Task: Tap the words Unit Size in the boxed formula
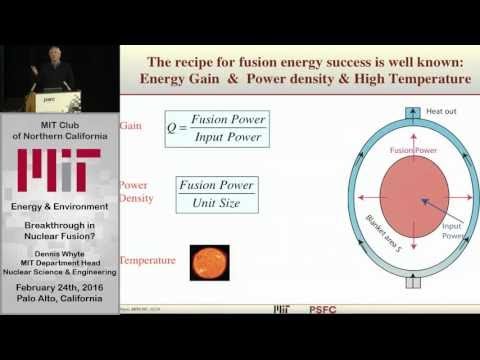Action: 216,204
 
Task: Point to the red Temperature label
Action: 148,261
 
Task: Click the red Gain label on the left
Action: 129,126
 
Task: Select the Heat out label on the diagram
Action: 414,111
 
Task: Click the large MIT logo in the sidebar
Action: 59,169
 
